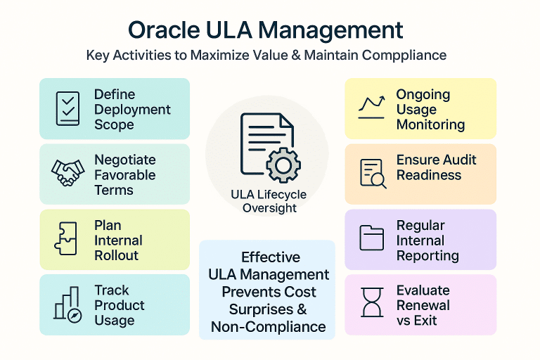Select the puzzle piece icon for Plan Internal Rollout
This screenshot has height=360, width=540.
67,239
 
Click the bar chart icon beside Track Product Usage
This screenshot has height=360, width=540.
68,304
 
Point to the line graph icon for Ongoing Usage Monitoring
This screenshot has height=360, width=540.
371,105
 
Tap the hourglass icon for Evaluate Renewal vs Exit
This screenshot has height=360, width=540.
371,304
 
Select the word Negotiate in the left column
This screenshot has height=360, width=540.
125,160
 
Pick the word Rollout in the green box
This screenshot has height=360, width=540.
117,255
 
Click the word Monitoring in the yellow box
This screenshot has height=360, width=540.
430,124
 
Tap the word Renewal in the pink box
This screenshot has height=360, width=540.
423,305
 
